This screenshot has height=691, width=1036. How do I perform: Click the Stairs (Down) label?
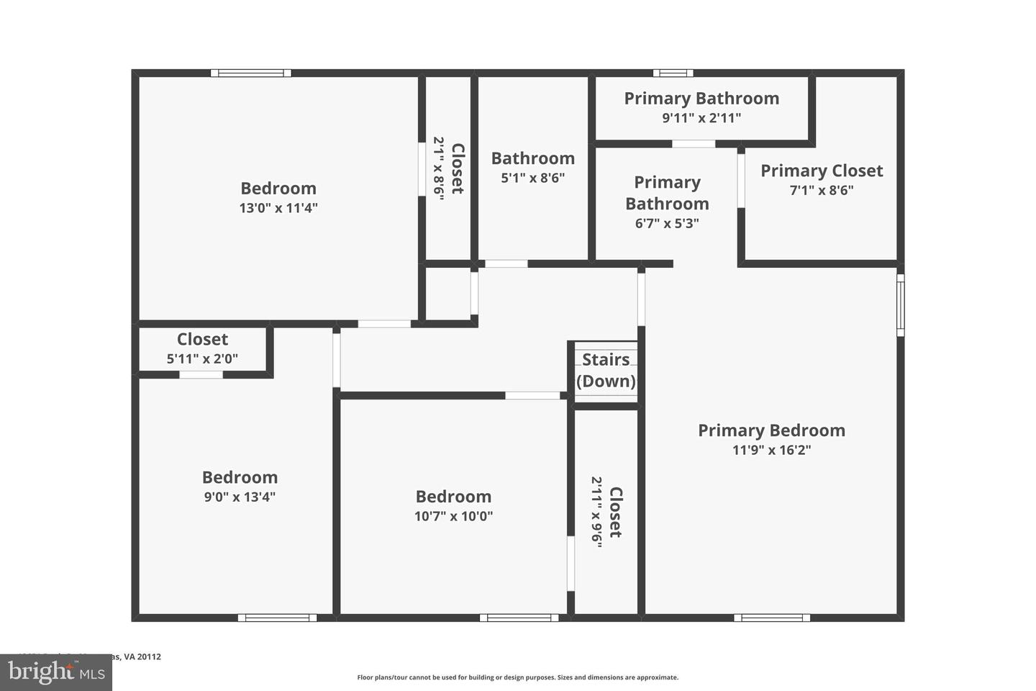tap(606, 370)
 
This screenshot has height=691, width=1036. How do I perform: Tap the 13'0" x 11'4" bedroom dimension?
tap(278, 208)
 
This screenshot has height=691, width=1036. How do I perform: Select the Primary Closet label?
tap(822, 171)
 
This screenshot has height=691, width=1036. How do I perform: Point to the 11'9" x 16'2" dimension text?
tap(771, 450)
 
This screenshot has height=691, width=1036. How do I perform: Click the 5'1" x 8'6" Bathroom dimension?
tap(533, 177)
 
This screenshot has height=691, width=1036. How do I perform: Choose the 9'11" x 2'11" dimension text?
tap(701, 118)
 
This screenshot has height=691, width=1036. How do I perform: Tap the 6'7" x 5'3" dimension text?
tap(667, 223)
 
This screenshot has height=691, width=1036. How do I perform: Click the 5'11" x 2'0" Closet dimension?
tap(202, 358)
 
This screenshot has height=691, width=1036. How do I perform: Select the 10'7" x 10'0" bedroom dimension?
tap(453, 515)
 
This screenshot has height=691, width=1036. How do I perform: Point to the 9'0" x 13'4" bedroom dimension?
tap(240, 497)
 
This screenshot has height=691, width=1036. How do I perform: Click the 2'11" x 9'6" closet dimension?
tap(596, 512)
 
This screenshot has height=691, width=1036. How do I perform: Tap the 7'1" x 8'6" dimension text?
tap(822, 190)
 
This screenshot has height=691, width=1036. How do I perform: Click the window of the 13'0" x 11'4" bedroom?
tap(251, 73)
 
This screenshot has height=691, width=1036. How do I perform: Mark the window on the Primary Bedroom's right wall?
tap(900, 304)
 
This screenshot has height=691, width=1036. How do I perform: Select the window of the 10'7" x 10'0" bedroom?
tap(519, 618)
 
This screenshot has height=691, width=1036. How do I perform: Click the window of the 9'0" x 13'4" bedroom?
tap(277, 618)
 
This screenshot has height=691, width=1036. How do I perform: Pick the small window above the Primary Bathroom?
tap(673, 73)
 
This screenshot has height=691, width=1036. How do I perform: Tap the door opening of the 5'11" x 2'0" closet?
tap(201, 374)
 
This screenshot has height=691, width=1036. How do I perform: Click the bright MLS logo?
tap(55, 672)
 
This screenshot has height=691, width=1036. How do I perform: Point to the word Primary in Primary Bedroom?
tap(732, 430)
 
